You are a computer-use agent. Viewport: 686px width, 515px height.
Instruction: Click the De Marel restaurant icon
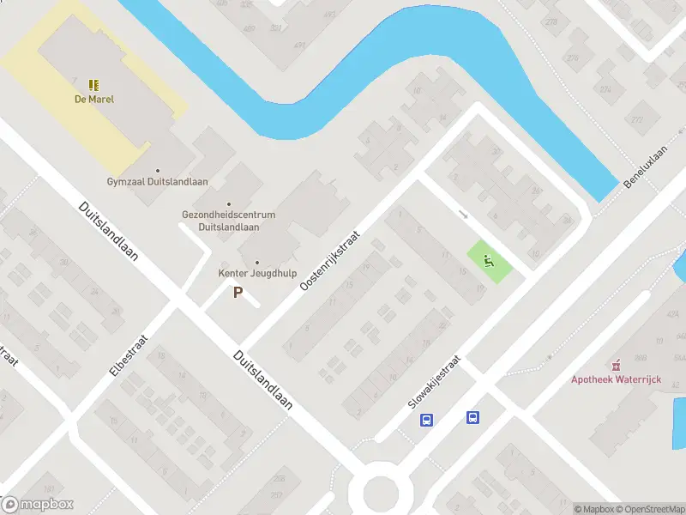[x=93, y=84]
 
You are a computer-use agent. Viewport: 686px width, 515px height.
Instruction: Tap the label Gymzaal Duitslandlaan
[x=157, y=182]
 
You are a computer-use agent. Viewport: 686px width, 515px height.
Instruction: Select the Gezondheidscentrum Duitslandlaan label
[x=228, y=221]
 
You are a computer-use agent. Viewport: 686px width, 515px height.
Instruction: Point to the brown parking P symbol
[x=238, y=293]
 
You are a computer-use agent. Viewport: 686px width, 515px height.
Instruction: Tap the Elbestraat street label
[x=130, y=355]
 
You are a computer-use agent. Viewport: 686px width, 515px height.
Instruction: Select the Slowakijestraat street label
[x=435, y=381]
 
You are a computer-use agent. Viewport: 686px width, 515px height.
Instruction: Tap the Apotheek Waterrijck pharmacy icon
[x=614, y=366]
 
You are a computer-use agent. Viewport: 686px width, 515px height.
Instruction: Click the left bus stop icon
[x=426, y=420]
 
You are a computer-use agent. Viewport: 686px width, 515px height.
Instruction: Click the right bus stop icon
[x=472, y=417]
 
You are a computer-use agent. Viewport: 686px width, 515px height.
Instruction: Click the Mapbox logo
[x=38, y=505]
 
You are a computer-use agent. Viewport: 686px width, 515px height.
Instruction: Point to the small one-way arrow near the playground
[x=463, y=215]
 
